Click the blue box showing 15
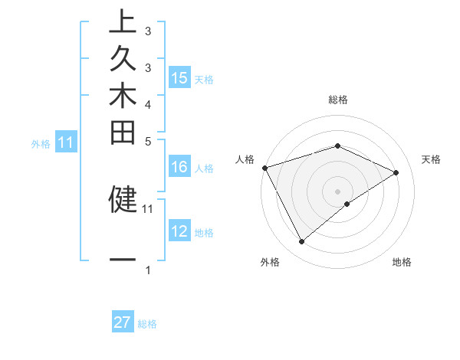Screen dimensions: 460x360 [x=179, y=78]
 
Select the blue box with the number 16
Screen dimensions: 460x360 [x=179, y=167]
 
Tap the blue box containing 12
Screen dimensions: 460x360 [x=179, y=231]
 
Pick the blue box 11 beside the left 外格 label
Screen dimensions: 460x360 [x=66, y=142]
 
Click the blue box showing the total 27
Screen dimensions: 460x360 [x=123, y=322]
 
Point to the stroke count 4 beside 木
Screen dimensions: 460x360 [x=147, y=104]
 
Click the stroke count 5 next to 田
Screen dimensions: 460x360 [x=147, y=141]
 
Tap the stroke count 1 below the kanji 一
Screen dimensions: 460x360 [x=147, y=270]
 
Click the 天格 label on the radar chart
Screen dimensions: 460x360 [x=431, y=159]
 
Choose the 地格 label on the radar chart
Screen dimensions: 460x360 [x=402, y=263]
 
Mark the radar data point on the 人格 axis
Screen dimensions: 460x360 [x=264, y=167]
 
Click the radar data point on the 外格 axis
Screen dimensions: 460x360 [x=301, y=242]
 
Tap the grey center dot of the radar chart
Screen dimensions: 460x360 [x=337, y=191]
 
